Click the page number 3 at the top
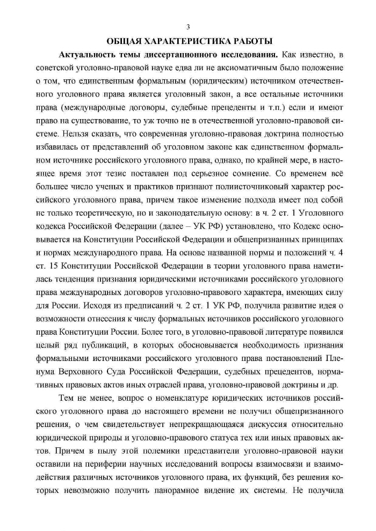188,26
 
